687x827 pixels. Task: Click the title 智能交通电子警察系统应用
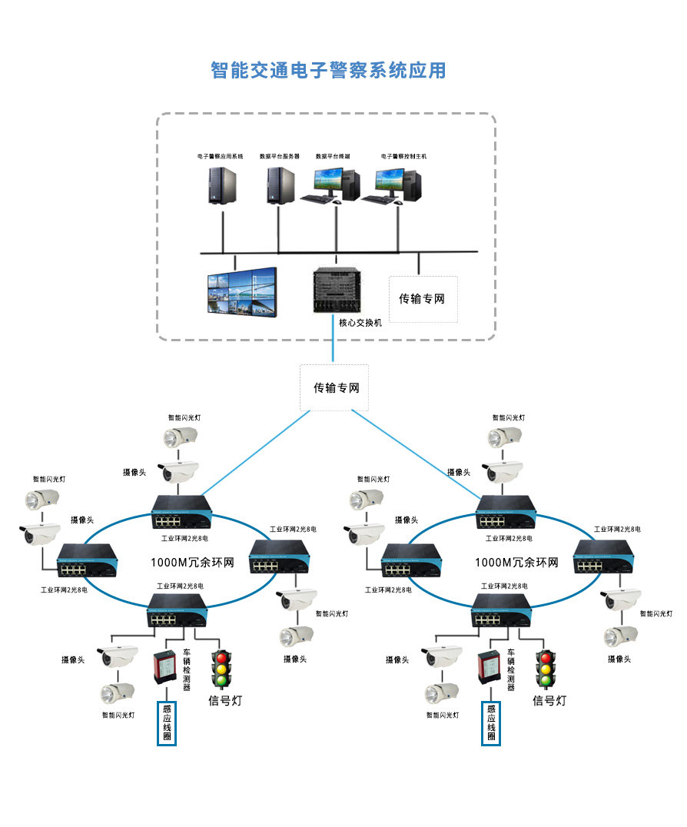(x=328, y=71)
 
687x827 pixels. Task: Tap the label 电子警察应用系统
(x=220, y=156)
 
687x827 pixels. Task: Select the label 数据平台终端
(x=333, y=156)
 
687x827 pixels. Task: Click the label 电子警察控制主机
(x=403, y=156)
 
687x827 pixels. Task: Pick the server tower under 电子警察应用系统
(x=222, y=186)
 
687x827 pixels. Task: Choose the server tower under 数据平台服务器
(x=280, y=186)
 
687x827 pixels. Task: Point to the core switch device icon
(x=336, y=290)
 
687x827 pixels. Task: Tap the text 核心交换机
(x=360, y=323)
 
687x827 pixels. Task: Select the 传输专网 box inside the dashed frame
(x=422, y=299)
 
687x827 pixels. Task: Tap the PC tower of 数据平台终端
(x=351, y=184)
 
